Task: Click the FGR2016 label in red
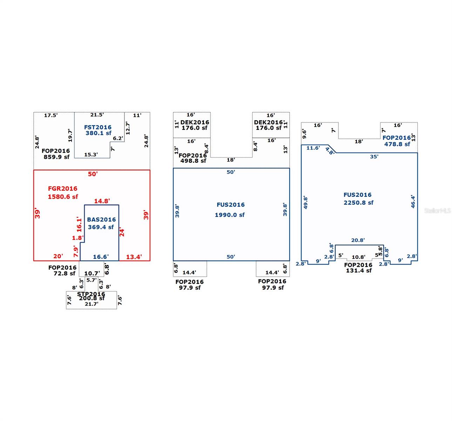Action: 62,188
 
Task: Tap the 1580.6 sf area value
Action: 63,196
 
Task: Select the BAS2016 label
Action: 101,219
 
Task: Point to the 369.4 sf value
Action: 101,227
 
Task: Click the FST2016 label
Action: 98,127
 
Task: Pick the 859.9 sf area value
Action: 57,157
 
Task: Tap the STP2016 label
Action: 91,294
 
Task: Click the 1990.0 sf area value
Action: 230,215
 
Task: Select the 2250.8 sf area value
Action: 358,202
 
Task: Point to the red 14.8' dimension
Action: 102,201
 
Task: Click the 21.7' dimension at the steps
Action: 92,304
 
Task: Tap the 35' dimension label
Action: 374,156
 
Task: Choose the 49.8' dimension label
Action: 305,203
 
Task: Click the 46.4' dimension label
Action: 413,201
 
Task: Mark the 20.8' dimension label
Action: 358,240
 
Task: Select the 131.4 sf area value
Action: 359,270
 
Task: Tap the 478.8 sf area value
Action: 397,144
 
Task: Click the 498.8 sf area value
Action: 193,161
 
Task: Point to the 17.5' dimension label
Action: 51,115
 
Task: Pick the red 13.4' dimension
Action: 134,257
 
